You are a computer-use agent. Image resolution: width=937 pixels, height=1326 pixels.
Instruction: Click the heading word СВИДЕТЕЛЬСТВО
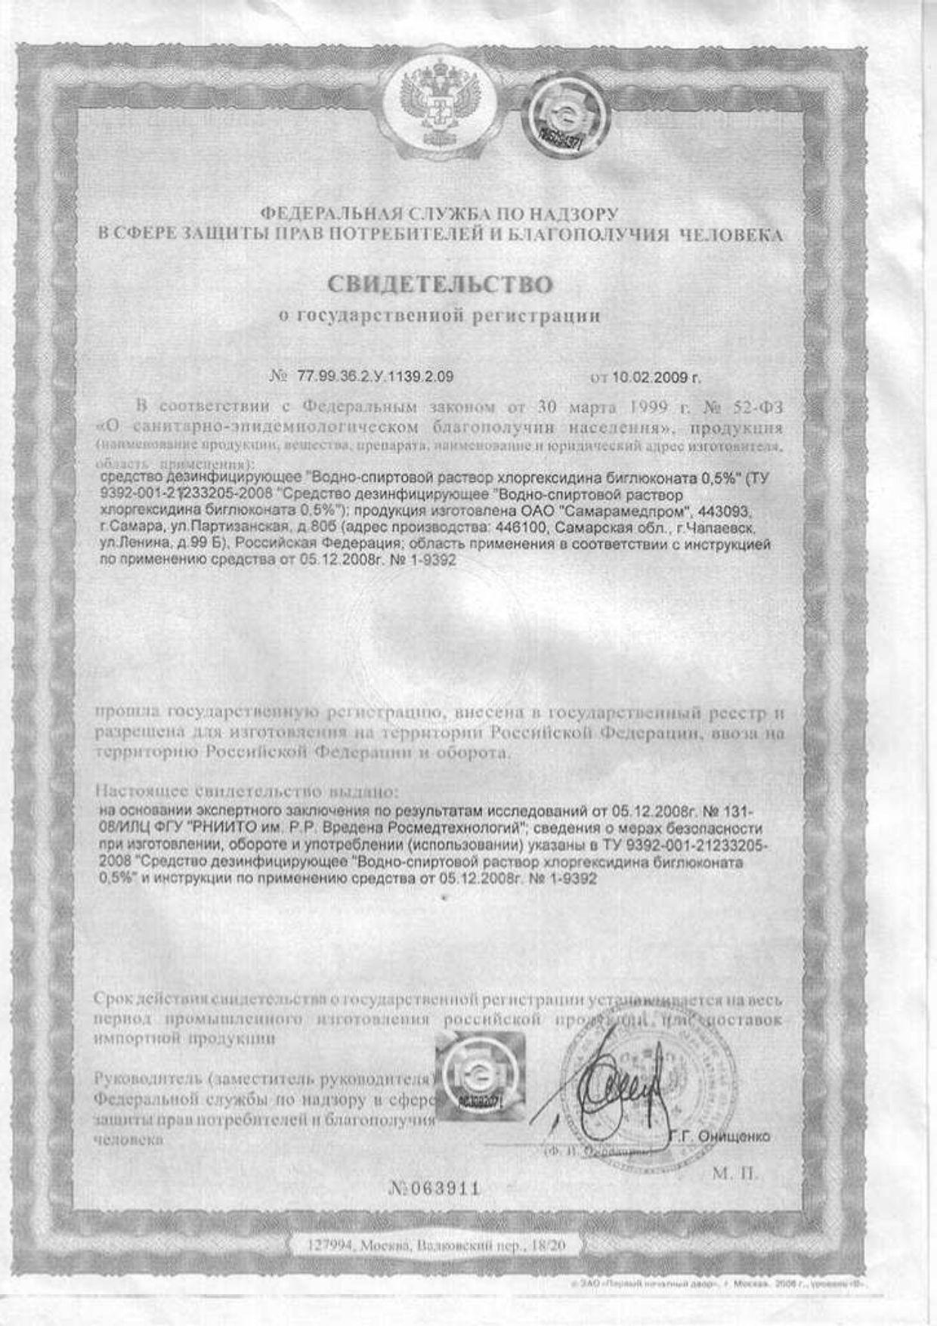tap(440, 284)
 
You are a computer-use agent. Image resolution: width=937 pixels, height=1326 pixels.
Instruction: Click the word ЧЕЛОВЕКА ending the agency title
tap(731, 235)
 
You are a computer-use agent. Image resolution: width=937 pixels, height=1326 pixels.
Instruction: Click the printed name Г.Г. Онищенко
tap(720, 1136)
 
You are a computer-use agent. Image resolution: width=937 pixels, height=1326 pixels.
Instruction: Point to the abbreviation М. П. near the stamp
tap(734, 1174)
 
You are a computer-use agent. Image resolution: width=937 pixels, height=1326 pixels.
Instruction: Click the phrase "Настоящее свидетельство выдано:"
tap(246, 792)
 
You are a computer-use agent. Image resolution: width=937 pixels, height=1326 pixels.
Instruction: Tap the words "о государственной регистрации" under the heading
tap(439, 316)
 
